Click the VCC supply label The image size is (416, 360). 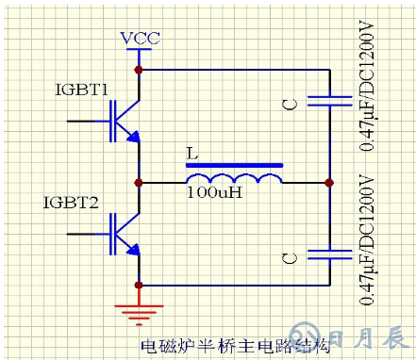pyautogui.click(x=140, y=39)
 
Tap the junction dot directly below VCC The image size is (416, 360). pyautogui.click(x=140, y=69)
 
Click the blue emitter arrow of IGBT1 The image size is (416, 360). pyautogui.click(x=135, y=138)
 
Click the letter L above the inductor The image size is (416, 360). pyautogui.click(x=192, y=153)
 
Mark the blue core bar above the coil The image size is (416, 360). pyautogui.click(x=233, y=166)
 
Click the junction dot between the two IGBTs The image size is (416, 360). pyautogui.click(x=140, y=182)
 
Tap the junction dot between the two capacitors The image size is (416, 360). pyautogui.click(x=330, y=182)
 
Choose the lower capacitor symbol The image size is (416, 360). pyautogui.click(x=330, y=254)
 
